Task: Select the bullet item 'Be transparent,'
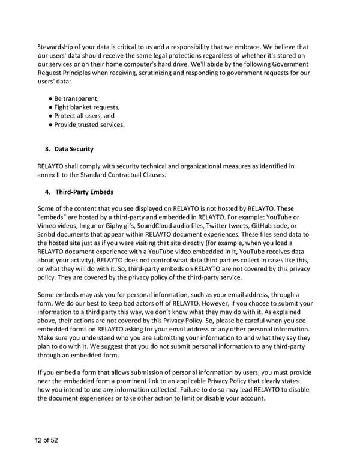tap(76, 98)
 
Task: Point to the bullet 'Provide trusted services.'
tap(89, 124)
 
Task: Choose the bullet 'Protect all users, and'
tap(84, 116)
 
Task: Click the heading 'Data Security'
tap(74, 148)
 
